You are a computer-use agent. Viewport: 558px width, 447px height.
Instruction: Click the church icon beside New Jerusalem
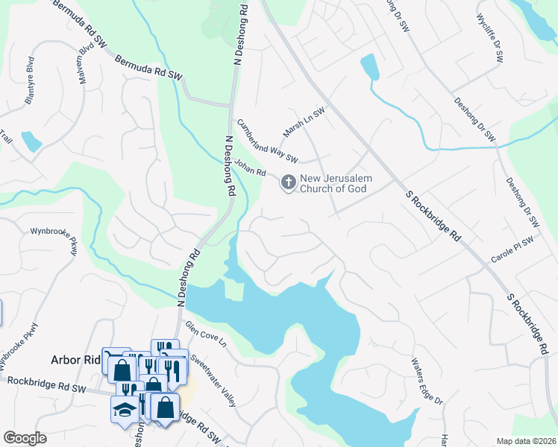click(x=288, y=181)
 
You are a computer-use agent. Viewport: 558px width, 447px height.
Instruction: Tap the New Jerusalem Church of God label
click(x=336, y=183)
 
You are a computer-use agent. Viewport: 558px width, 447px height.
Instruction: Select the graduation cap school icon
click(x=123, y=409)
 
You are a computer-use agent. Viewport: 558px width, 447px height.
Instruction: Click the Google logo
click(x=25, y=438)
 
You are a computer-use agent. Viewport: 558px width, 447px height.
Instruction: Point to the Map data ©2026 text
click(x=525, y=441)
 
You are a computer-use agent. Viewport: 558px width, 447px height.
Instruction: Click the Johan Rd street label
click(x=250, y=168)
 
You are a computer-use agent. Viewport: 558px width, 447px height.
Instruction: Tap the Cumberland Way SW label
click(x=267, y=141)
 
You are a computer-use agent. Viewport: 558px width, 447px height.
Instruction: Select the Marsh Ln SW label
click(x=304, y=122)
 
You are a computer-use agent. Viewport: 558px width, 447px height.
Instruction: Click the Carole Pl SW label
click(x=512, y=250)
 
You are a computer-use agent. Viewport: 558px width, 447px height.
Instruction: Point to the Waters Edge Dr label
click(x=426, y=381)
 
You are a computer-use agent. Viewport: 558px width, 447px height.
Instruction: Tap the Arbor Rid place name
click(x=75, y=360)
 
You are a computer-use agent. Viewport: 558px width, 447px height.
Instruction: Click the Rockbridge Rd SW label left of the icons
click(x=48, y=385)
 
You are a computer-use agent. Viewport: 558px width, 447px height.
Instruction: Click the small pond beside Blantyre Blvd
click(x=31, y=141)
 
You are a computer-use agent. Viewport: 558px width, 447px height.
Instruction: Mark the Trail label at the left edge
click(x=7, y=137)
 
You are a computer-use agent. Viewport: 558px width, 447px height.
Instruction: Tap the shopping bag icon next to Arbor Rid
click(x=122, y=370)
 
